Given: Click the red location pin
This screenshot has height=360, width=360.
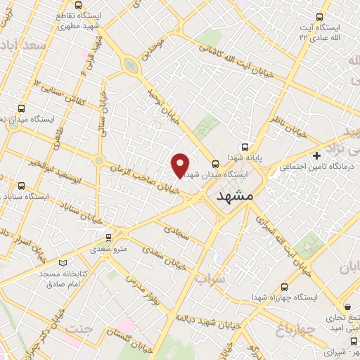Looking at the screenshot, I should point(181,165).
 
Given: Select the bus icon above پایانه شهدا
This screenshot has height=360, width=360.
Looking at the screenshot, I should point(245,148).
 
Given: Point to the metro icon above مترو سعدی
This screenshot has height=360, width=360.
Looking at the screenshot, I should point(108,238).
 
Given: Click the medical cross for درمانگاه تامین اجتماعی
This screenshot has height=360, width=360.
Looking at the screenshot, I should point(317,155).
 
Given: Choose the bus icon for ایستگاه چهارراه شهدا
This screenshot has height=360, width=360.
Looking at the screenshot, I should point(284,286).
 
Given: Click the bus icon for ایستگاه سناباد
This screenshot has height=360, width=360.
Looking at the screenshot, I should point(21,186).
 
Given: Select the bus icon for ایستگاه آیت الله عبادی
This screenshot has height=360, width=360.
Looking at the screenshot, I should point(320,17).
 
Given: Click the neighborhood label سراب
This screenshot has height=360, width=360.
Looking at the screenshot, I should point(209,278).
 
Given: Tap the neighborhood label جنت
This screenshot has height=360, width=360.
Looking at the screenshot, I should point(79,328).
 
